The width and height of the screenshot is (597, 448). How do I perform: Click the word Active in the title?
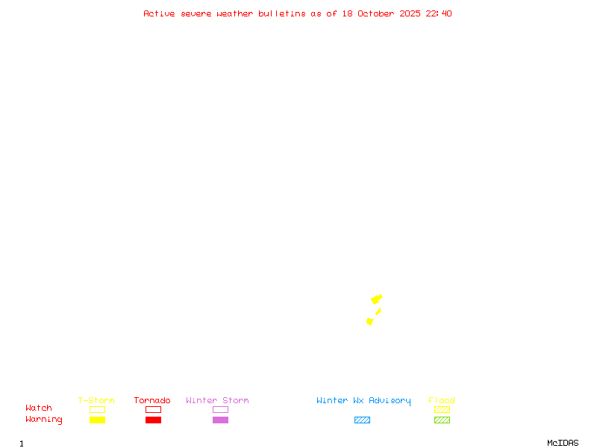pos(159,13)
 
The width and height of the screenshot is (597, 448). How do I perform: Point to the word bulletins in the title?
pos(282,13)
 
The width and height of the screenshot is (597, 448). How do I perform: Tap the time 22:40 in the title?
pos(439,13)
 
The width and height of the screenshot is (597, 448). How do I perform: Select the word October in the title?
pos(381,13)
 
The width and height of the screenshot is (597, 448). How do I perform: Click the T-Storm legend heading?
pos(96,400)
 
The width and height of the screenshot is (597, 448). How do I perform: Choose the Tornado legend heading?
pos(152,400)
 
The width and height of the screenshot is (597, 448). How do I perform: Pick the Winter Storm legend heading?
pos(217,400)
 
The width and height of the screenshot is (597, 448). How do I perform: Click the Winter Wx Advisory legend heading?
pos(363,400)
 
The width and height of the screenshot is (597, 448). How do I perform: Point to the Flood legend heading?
pos(442,400)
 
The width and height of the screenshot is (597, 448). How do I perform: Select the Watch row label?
pos(39,408)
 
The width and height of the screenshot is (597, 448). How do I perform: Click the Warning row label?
pos(44,420)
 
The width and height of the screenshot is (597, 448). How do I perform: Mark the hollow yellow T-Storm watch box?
pos(97,409)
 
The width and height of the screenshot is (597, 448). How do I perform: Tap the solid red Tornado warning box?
pos(153,420)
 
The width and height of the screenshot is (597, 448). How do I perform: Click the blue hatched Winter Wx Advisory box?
pos(362,420)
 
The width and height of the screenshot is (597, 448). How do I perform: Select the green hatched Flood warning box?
pos(442,420)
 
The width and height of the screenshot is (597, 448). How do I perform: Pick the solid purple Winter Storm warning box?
pos(220,420)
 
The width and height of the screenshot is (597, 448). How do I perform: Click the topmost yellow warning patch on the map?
pos(377,299)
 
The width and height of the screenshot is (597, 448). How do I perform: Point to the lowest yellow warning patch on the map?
pos(369,321)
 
